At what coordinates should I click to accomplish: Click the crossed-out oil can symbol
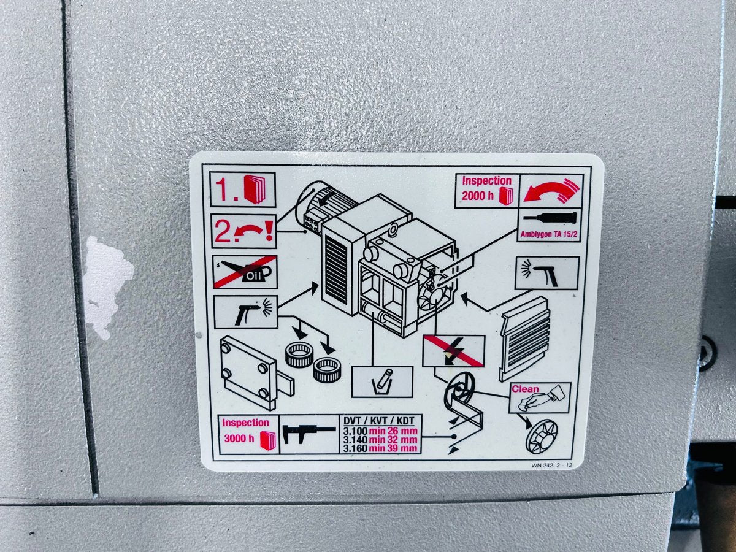(245, 272)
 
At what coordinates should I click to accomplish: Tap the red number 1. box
(243, 190)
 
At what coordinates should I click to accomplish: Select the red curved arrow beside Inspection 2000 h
(551, 191)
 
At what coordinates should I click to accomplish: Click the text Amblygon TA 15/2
(549, 234)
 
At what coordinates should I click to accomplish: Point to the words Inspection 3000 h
(246, 430)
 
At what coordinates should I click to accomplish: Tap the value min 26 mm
(393, 431)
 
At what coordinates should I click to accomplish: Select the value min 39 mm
(393, 448)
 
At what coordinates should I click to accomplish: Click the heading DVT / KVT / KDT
(379, 421)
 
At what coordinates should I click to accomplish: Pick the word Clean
(525, 389)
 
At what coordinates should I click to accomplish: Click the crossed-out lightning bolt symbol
(454, 351)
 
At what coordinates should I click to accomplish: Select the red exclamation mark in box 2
(269, 231)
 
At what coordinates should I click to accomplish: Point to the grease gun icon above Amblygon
(550, 217)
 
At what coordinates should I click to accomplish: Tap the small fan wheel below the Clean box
(542, 437)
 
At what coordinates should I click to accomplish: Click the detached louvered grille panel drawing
(525, 339)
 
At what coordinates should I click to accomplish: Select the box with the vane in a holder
(382, 381)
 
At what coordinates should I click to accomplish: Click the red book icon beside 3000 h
(268, 440)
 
